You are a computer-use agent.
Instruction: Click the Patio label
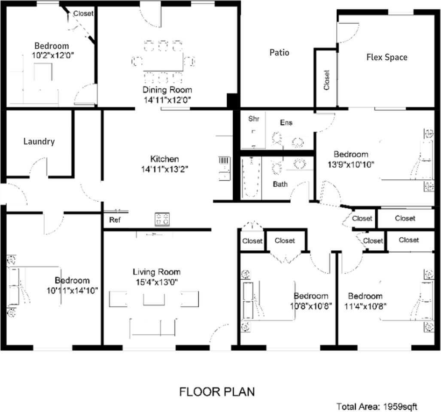coord(279,53)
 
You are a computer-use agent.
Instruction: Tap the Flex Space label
coord(386,57)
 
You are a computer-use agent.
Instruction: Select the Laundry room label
coord(39,141)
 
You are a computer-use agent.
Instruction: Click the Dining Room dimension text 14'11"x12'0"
coord(167,100)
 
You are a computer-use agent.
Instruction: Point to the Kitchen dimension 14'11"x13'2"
coord(164,169)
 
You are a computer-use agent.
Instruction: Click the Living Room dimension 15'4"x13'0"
coord(156,282)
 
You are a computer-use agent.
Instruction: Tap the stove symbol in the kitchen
coord(163,219)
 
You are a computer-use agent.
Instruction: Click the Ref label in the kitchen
coord(115,220)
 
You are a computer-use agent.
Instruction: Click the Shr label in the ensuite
coord(253,119)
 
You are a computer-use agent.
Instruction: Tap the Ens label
coord(286,123)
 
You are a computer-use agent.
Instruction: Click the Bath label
coord(280,184)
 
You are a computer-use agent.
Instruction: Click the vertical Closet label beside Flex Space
coord(326,80)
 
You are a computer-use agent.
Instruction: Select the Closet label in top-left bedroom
coord(83,13)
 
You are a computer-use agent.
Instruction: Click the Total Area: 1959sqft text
coord(377,406)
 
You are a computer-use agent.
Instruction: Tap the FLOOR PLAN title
coord(216,391)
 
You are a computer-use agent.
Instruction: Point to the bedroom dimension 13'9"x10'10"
coord(351,164)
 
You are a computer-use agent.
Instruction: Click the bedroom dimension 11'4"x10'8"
coord(365,306)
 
